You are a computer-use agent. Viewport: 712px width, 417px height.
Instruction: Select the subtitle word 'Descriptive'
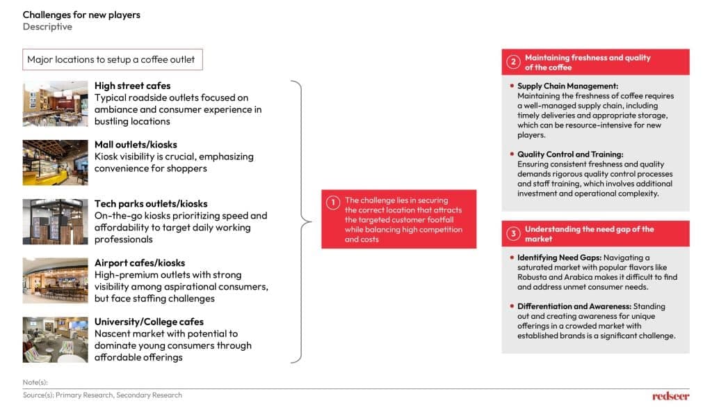click(47, 27)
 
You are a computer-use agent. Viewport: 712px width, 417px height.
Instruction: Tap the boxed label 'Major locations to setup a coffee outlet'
click(112, 60)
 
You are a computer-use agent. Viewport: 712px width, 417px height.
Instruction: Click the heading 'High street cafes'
click(133, 86)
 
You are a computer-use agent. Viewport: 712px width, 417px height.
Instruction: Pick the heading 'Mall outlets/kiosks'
click(136, 145)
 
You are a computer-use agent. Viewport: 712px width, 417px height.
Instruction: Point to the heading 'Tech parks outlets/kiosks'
click(151, 204)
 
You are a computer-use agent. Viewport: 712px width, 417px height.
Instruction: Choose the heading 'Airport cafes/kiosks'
click(140, 263)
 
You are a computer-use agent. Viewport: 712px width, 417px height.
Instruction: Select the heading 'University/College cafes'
click(149, 322)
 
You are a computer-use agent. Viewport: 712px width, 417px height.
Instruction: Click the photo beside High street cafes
click(55, 104)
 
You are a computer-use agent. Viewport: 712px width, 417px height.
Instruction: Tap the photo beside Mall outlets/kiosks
click(55, 162)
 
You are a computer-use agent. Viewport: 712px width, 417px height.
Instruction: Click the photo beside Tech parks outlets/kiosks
click(55, 221)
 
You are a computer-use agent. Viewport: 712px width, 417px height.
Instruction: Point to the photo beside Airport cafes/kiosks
click(55, 281)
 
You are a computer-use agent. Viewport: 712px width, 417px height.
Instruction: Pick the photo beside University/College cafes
click(55, 340)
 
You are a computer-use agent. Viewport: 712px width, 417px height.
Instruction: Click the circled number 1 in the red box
click(333, 203)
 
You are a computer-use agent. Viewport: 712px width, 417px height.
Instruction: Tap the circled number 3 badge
click(513, 234)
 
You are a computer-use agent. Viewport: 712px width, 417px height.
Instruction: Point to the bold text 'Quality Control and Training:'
click(570, 155)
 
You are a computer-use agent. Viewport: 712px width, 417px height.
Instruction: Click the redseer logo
click(670, 396)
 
